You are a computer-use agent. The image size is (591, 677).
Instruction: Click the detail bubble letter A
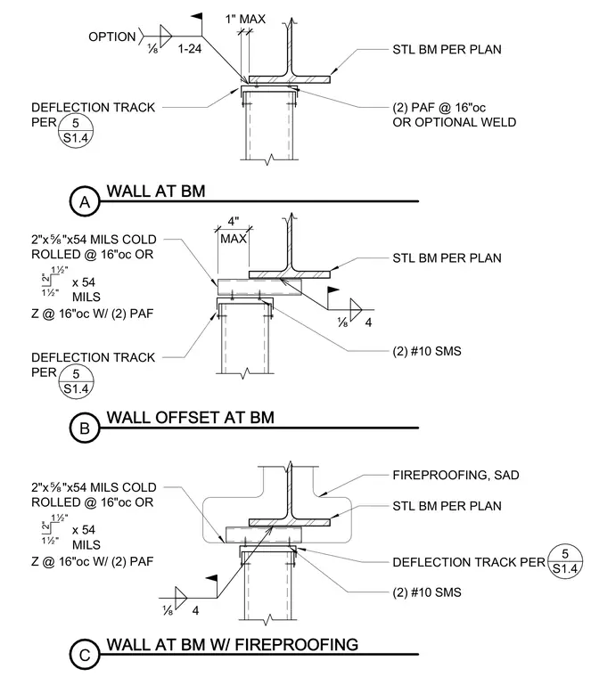[x=85, y=202]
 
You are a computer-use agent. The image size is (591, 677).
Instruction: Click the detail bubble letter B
[x=85, y=428]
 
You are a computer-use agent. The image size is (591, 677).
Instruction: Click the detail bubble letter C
[x=85, y=656]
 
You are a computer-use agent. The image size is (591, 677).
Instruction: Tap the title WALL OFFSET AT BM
[x=191, y=418]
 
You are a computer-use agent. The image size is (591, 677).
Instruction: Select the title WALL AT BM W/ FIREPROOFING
[x=233, y=645]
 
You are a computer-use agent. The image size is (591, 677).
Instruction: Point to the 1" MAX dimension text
[x=245, y=19]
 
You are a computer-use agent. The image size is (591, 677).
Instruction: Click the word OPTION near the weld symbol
[x=112, y=37]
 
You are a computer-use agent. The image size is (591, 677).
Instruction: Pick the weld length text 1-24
[x=190, y=49]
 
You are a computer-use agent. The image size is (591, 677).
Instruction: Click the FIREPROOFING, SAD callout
[x=456, y=476]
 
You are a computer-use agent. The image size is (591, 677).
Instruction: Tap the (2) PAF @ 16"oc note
[x=439, y=108]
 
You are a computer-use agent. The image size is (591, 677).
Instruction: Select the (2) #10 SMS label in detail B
[x=427, y=351]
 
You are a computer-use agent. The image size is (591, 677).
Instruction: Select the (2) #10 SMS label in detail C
[x=427, y=592]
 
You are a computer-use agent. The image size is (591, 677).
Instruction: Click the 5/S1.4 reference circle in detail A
[x=76, y=131]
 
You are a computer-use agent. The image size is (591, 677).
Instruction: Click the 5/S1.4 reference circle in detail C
[x=565, y=561]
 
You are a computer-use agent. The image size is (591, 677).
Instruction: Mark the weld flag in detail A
[x=197, y=17]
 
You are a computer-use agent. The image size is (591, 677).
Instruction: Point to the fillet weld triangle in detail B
[x=356, y=310]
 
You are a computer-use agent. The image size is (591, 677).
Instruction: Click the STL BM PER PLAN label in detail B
[x=447, y=258]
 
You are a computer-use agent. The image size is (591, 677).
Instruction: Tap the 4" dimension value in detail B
[x=234, y=222]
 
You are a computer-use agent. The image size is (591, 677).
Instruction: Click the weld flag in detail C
[x=211, y=578]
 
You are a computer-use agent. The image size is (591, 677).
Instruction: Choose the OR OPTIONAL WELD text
[x=455, y=123]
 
